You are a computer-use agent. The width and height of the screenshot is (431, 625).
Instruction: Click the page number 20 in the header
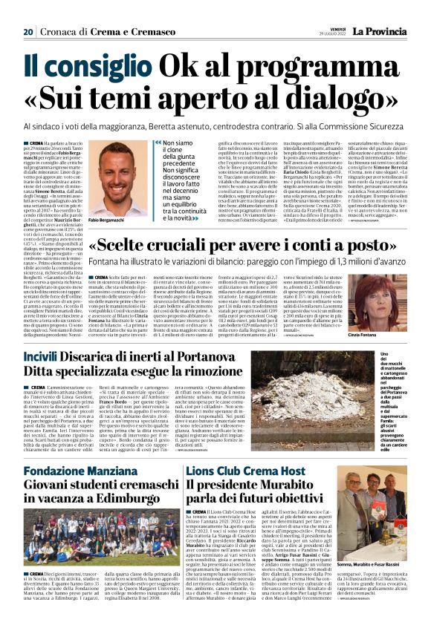click(x=27, y=11)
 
